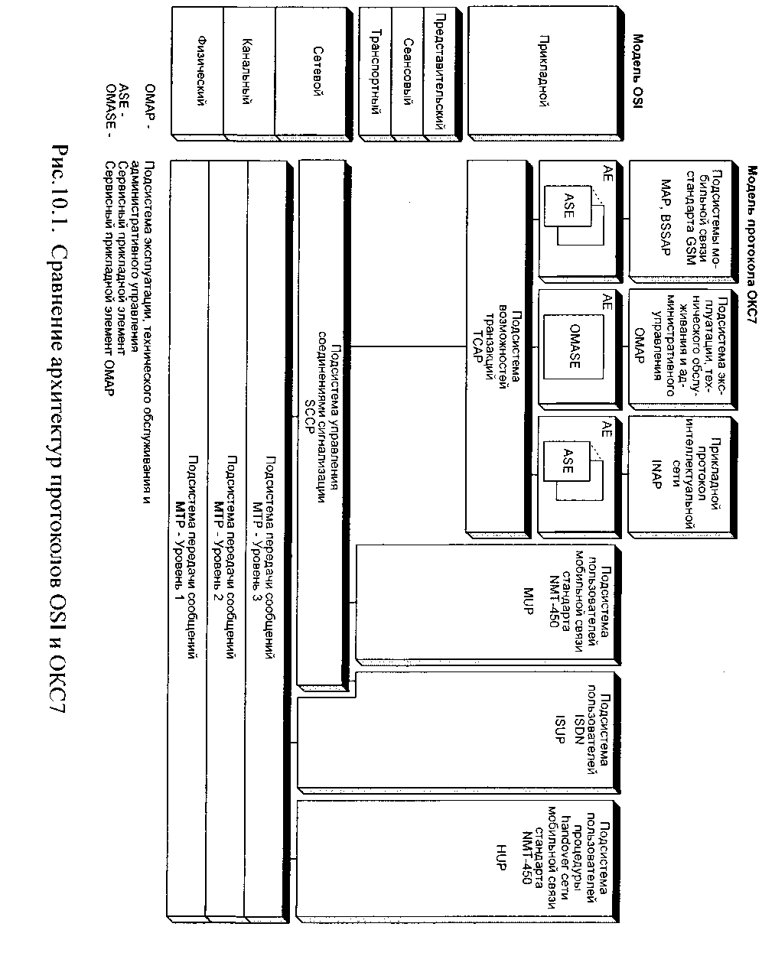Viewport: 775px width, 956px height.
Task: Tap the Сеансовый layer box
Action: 408,72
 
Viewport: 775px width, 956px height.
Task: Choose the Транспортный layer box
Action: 375,72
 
